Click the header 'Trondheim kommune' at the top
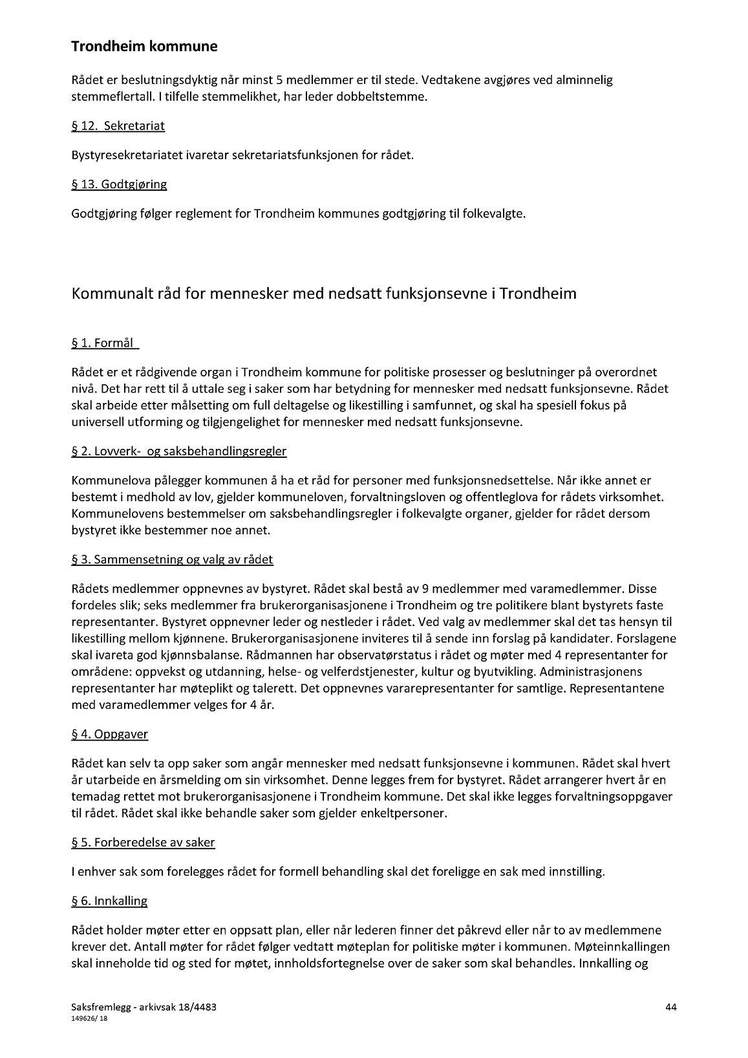tap(144, 47)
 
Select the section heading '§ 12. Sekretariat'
tap(118, 126)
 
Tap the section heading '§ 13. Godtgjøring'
tap(119, 184)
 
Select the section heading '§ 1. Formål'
tap(105, 343)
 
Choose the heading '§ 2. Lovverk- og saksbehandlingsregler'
tap(178, 451)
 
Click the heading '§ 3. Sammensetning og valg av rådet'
tap(172, 559)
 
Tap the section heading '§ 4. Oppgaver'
tap(109, 734)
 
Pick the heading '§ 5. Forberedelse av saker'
tap(143, 842)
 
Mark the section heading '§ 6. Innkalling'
tap(109, 900)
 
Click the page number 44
tap(670, 1007)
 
